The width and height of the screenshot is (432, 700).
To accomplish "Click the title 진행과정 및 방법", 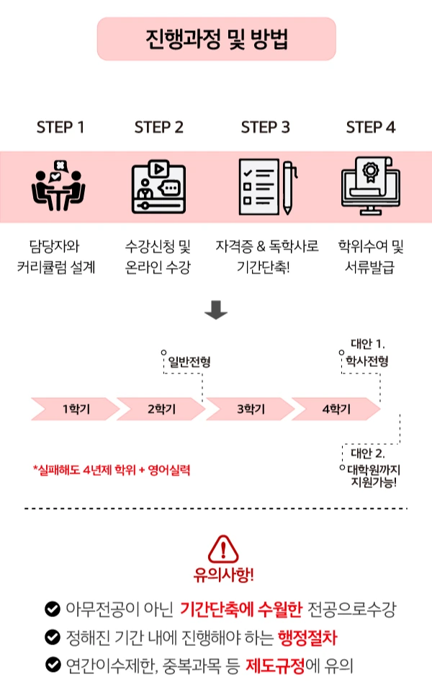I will coord(216,39).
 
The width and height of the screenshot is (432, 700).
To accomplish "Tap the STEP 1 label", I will coord(60,128).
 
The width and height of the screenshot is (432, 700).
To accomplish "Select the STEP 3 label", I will coord(265,128).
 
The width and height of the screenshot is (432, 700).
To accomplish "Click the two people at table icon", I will coord(59,186).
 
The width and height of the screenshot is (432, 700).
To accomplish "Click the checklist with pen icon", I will coord(266,186).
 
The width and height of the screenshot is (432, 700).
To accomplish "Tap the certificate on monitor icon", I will coord(370,186).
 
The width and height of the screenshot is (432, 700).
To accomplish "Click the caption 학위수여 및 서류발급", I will coord(371,258).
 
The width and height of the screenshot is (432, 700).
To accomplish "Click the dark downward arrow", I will coord(216,309).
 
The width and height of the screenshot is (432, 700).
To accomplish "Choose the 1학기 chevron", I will coord(73,409).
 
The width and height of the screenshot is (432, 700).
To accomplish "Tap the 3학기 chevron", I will coord(249,409).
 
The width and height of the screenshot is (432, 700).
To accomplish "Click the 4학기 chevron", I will coord(336,409).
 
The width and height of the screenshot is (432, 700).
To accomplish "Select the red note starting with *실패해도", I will coord(112,469).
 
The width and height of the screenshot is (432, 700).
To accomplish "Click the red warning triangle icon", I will coord(223,550).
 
